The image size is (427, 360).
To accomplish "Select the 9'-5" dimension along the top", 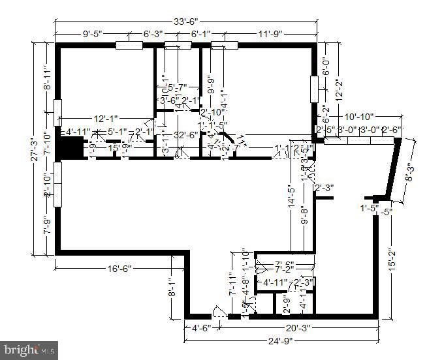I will click(95, 34).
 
